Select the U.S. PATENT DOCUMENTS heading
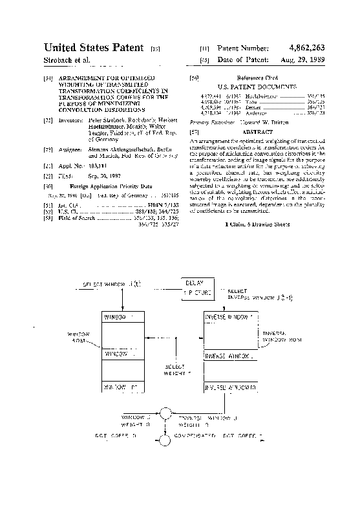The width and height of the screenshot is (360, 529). [x=257, y=86]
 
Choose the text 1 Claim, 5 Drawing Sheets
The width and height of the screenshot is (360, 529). [x=257, y=224]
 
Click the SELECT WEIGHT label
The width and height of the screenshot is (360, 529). [x=178, y=369]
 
